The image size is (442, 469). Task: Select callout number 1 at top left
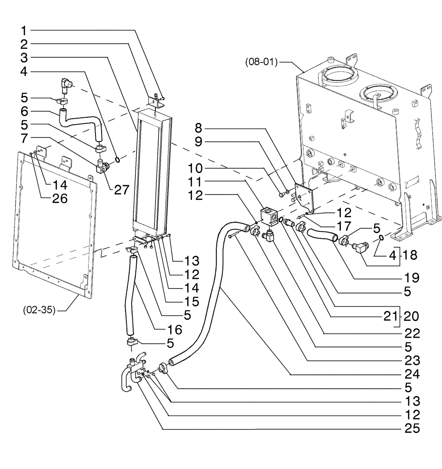[24, 31]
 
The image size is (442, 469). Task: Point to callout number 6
[24, 112]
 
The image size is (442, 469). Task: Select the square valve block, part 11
[269, 217]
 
